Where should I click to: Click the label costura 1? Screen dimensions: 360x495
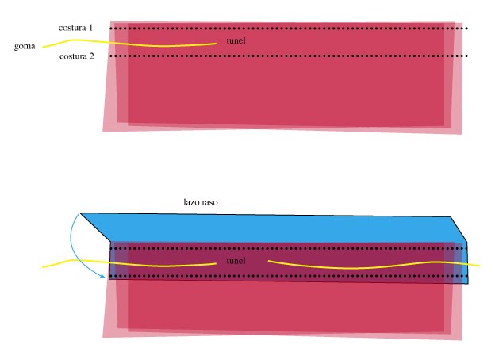[75, 28]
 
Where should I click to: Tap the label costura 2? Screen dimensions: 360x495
[77, 56]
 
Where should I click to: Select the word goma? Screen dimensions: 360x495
[25, 46]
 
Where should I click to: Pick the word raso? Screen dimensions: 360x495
[210, 203]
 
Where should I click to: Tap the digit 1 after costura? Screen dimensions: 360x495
[90, 28]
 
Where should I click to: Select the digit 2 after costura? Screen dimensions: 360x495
[93, 56]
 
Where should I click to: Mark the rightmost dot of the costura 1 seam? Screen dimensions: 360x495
[466, 29]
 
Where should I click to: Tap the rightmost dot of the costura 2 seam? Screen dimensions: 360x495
[466, 56]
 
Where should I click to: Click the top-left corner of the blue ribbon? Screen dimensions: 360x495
[80, 213]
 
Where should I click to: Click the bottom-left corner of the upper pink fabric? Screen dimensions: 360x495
[103, 130]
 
